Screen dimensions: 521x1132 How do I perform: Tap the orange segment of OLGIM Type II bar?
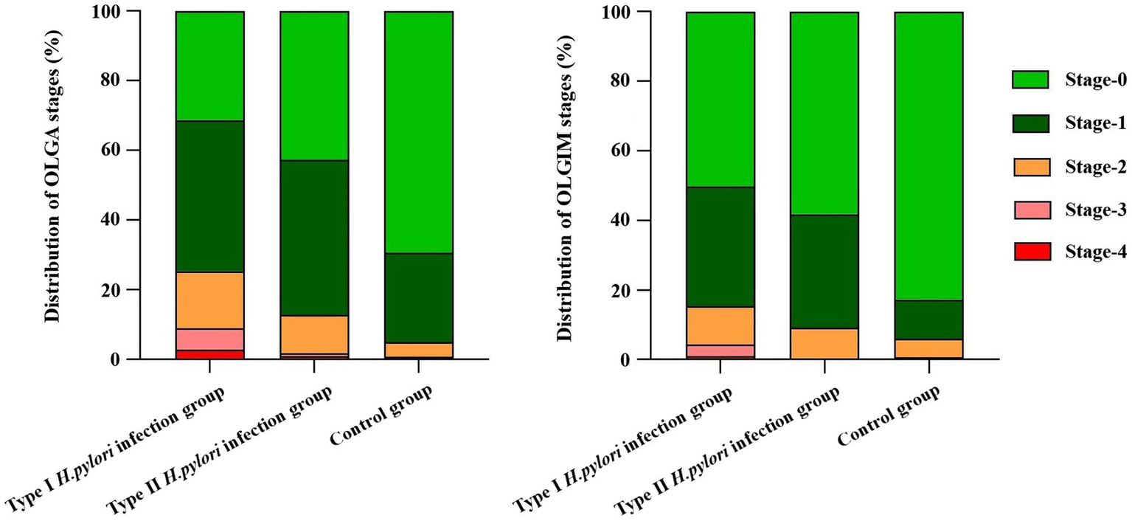(824, 344)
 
